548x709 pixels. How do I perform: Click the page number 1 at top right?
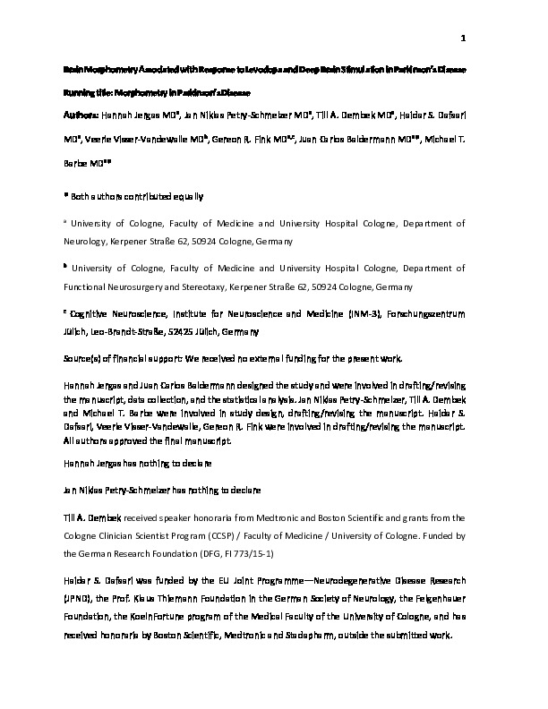pyautogui.click(x=464, y=38)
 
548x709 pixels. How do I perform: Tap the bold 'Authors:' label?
pyautogui.click(x=81, y=116)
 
